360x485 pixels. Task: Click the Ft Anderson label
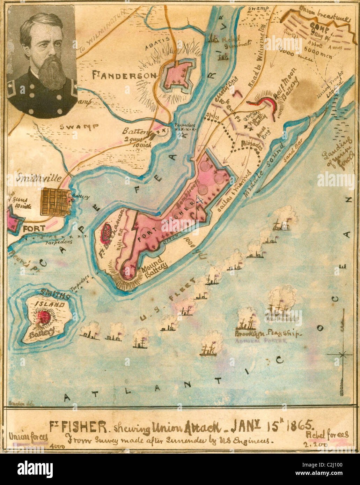124,75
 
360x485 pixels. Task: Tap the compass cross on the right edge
343,354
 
